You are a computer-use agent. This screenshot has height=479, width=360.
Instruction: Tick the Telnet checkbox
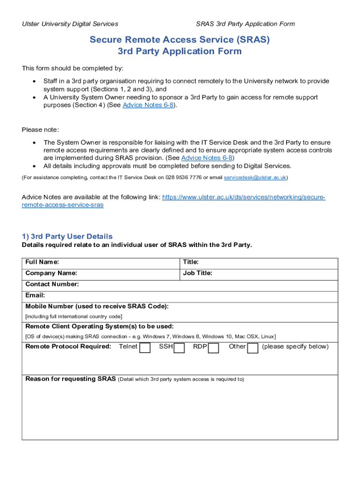[145, 348]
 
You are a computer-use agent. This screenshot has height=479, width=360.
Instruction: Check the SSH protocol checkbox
[179, 348]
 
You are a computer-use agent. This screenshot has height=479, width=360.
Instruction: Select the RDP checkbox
[214, 348]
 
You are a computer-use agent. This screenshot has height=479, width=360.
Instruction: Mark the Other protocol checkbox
[252, 348]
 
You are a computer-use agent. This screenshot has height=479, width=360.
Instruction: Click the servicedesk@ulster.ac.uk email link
[255, 178]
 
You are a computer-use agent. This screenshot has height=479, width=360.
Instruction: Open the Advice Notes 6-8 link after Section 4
[149, 105]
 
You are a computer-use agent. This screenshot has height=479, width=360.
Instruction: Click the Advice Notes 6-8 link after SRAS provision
[207, 158]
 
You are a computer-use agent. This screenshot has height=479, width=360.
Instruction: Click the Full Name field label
[42, 262]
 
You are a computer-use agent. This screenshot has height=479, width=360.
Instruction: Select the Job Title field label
[197, 273]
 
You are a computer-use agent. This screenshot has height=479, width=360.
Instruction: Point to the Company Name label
[51, 273]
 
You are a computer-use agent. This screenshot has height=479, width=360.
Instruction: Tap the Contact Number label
[52, 284]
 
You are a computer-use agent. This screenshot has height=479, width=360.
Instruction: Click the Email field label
[35, 296]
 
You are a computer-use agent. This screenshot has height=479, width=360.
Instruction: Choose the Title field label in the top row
[191, 262]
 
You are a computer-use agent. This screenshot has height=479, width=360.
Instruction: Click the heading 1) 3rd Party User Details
[67, 237]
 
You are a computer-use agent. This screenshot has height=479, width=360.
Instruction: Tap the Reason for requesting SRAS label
[70, 379]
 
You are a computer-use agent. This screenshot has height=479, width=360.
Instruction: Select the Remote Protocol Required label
[68, 347]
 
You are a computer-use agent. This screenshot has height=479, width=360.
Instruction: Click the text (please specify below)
[295, 347]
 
